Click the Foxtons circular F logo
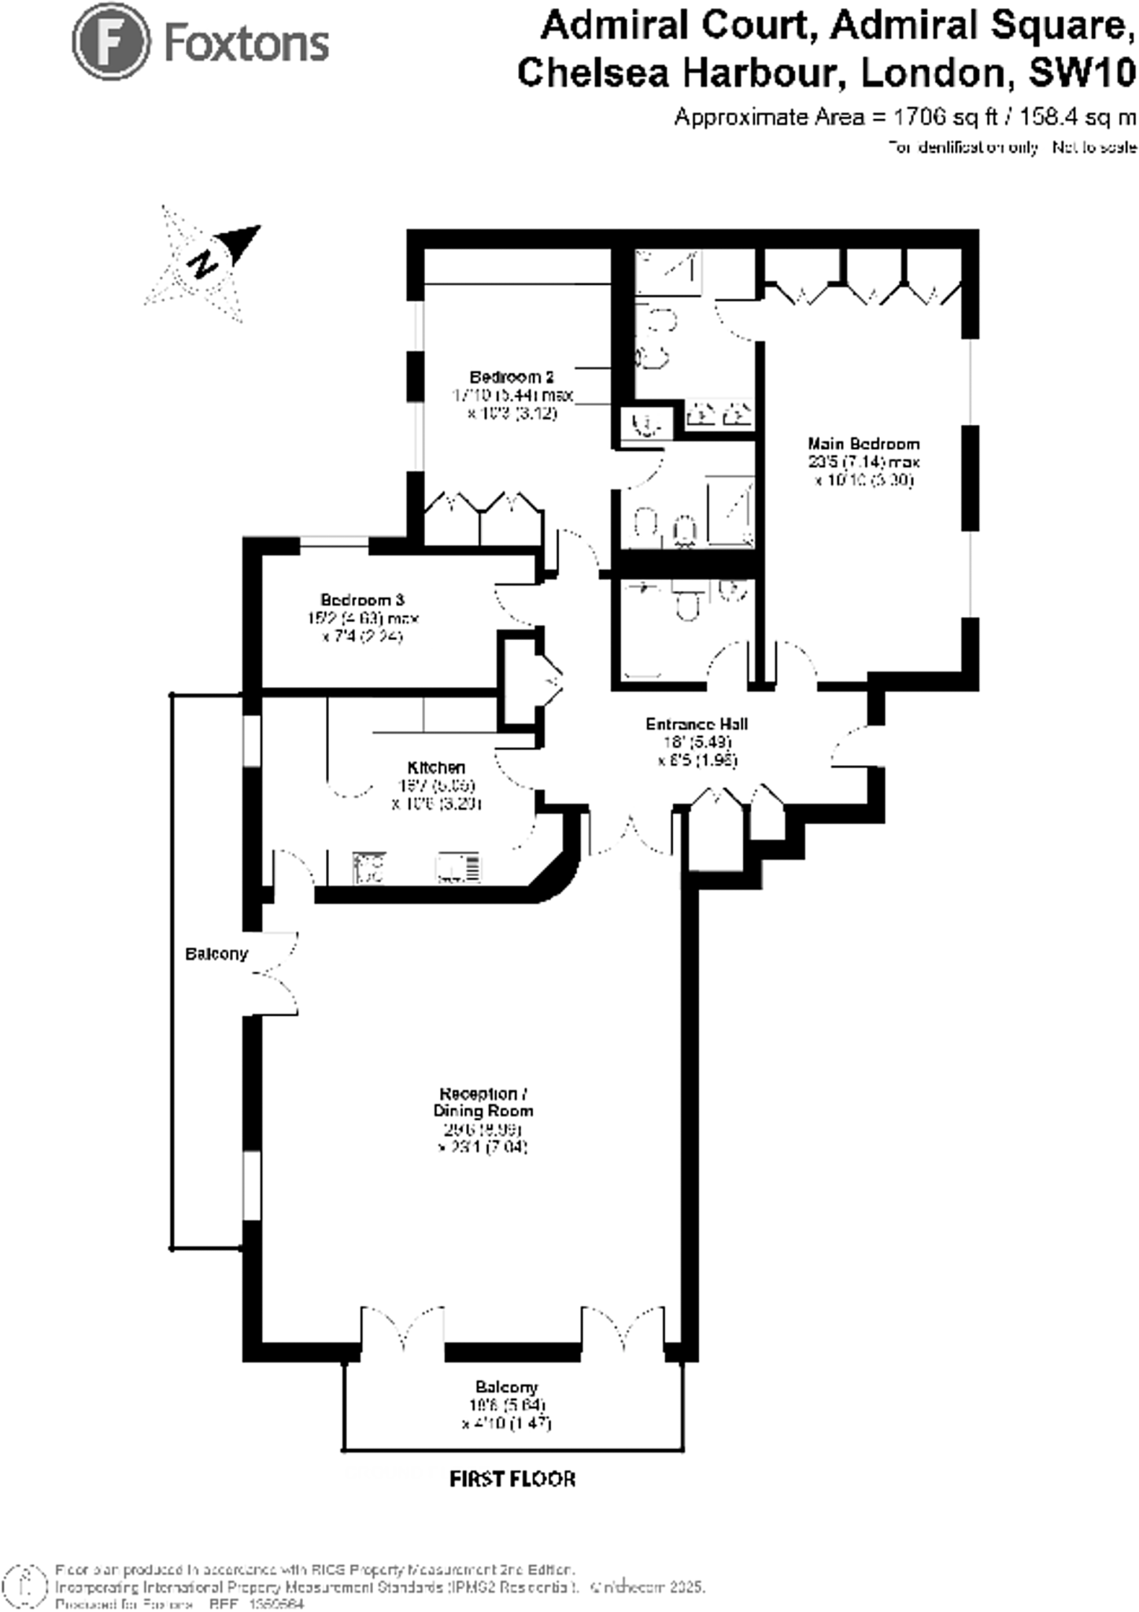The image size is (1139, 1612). point(111,43)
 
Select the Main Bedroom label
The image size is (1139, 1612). point(863,444)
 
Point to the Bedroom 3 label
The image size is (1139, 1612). point(362,601)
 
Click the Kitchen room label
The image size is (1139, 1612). point(436,767)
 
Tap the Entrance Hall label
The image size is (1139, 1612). point(697,724)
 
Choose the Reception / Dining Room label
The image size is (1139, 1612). point(483,1102)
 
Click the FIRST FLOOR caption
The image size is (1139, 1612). point(512,1479)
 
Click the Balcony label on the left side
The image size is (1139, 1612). point(216,954)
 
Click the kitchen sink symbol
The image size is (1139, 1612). point(459,868)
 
